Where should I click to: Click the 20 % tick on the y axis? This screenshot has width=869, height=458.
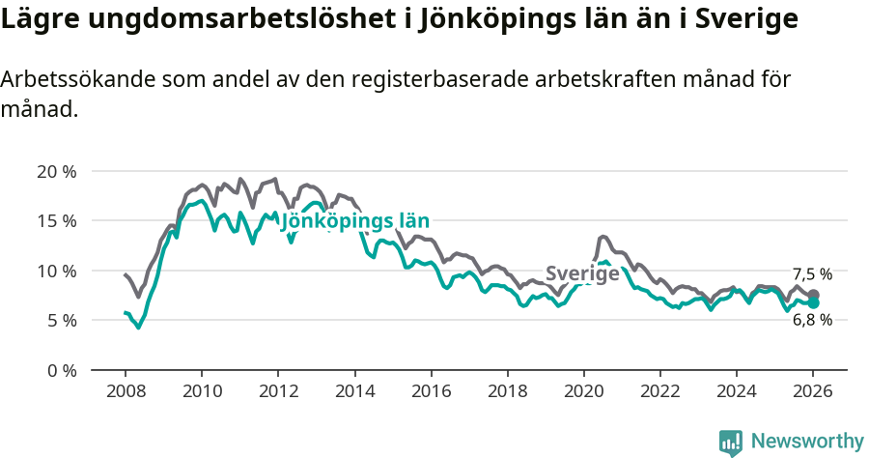coord(56,172)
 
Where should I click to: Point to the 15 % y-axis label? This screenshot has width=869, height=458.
coord(56,221)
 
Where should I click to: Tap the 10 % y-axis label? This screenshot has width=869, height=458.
coord(56,271)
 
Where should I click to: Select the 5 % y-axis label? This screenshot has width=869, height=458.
coord(61,320)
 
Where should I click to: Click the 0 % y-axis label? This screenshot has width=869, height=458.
coord(61,370)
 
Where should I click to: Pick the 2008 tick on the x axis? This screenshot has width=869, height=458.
coord(126,393)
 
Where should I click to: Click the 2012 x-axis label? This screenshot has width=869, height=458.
coord(278,393)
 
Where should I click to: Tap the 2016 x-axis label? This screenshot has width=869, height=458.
coord(431,393)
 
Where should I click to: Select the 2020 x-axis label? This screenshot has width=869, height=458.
coord(583,393)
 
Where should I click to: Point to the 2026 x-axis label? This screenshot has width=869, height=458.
coord(813,393)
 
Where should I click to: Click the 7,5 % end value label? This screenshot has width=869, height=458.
coord(812,274)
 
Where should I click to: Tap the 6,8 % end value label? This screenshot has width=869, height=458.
coord(812,321)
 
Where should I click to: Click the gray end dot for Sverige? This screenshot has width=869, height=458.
coord(813,295)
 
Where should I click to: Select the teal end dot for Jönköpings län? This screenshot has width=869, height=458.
coord(813,303)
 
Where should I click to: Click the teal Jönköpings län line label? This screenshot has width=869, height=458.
coord(354,221)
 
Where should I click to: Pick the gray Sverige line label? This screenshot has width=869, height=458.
coord(582,273)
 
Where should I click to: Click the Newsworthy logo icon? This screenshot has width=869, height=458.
coord(731,442)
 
